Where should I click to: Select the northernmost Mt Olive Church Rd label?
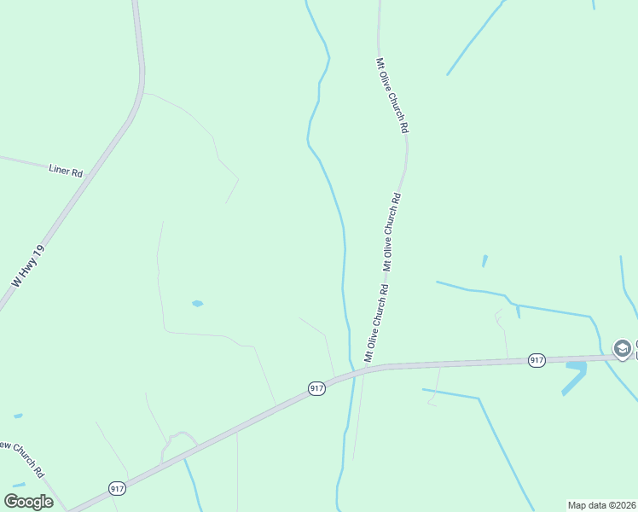(392, 95)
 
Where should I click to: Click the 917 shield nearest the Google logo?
(118, 488)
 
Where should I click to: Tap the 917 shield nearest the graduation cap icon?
(536, 360)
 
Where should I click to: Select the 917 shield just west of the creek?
(316, 388)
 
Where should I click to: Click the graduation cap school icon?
(623, 348)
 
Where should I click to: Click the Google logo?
(28, 502)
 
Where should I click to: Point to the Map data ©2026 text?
(600, 505)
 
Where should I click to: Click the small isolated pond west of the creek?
(197, 303)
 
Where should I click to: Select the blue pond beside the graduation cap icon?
(575, 375)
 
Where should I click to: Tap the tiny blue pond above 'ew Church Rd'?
(18, 416)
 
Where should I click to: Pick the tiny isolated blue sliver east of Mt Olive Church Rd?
(484, 260)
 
